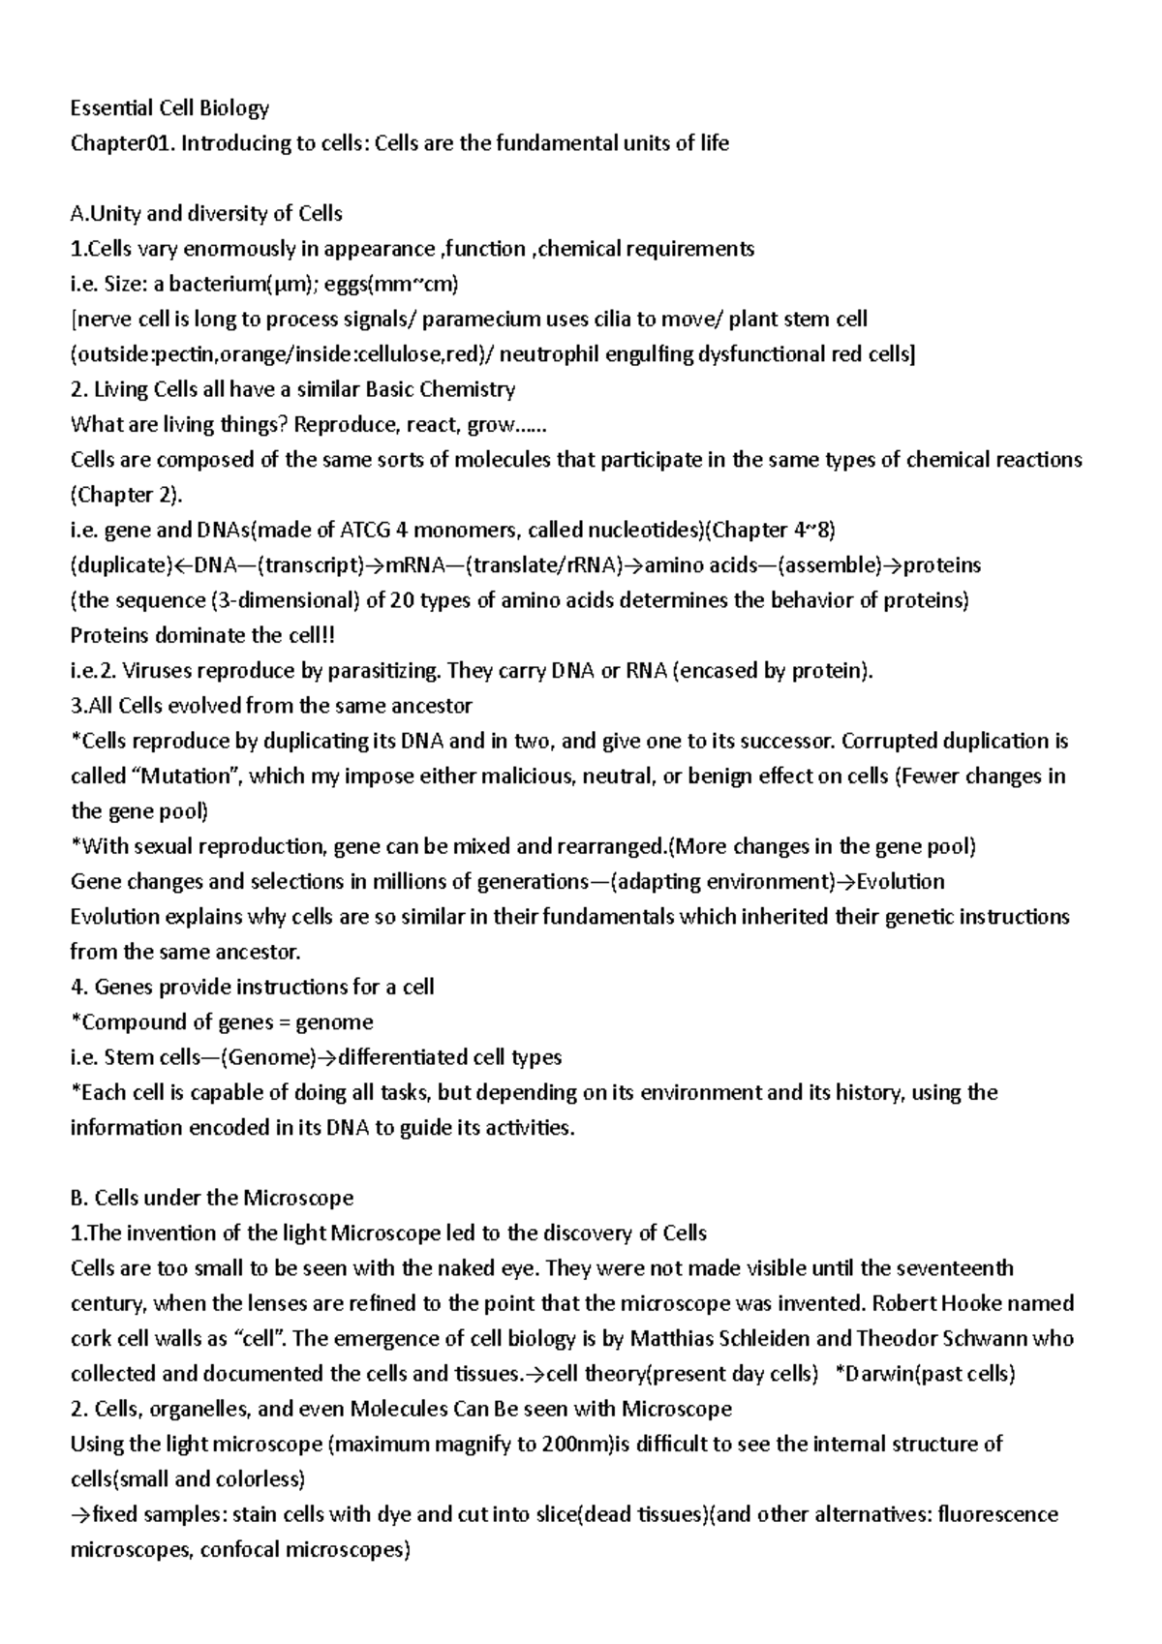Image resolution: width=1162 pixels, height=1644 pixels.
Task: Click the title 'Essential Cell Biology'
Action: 169,107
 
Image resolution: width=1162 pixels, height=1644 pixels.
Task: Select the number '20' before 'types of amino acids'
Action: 403,600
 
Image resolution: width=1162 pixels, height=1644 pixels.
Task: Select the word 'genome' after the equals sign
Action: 334,1022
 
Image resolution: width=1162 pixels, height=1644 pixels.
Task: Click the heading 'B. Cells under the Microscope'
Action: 212,1199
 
